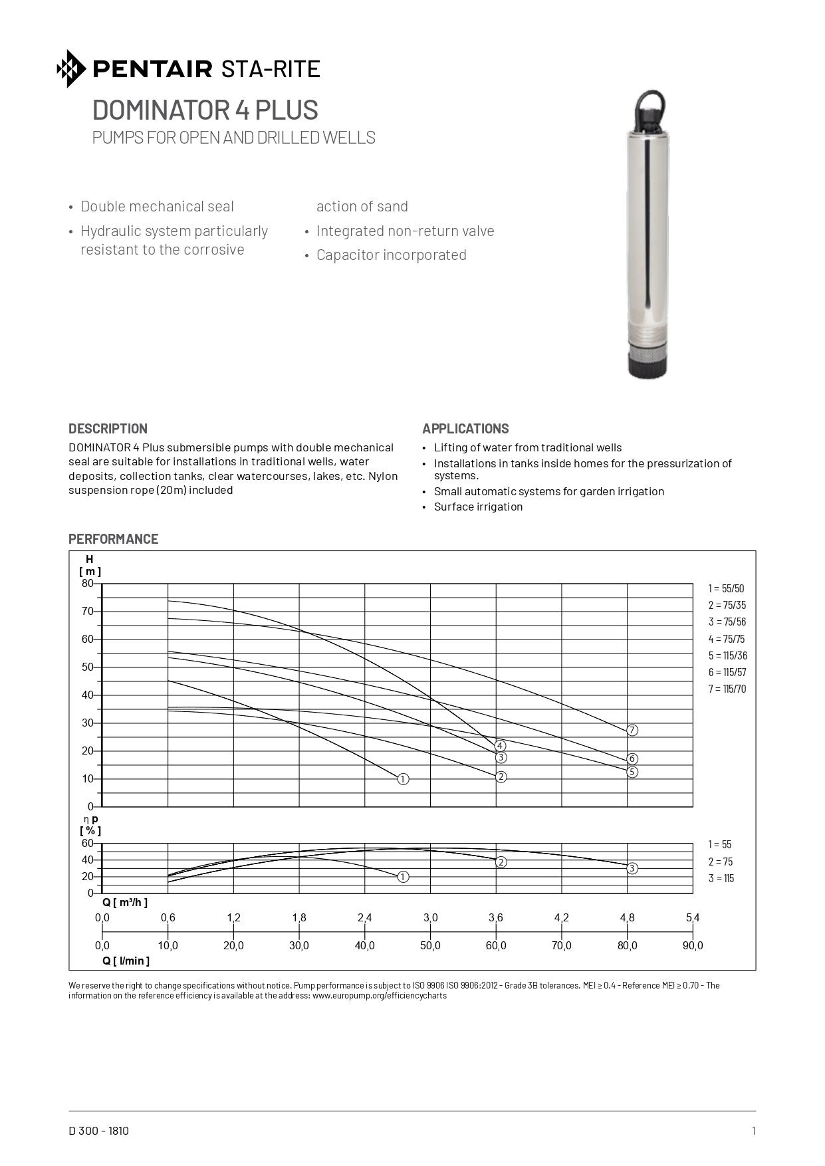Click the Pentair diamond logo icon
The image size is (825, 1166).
point(71,68)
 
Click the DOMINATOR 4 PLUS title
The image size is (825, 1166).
point(205,110)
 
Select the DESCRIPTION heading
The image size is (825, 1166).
point(108,429)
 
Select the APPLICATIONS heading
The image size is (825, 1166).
point(465,429)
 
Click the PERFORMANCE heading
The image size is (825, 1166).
point(113,539)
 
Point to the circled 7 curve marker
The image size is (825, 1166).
point(632,730)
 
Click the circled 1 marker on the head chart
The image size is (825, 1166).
point(403,779)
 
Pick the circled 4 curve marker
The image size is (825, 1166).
point(500,746)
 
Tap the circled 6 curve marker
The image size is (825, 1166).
point(632,758)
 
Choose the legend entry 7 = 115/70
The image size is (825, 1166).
point(727,689)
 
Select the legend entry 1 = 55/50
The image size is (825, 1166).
point(726,588)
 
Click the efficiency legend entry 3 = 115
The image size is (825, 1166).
point(721,878)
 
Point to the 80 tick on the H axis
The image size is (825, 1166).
point(88,584)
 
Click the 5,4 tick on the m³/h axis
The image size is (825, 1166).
point(693,918)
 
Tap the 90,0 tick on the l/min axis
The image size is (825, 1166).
point(693,946)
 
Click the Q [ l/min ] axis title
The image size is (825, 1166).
point(126,961)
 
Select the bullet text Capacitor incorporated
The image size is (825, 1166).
point(391,255)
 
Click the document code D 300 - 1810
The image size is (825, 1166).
point(98,1131)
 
